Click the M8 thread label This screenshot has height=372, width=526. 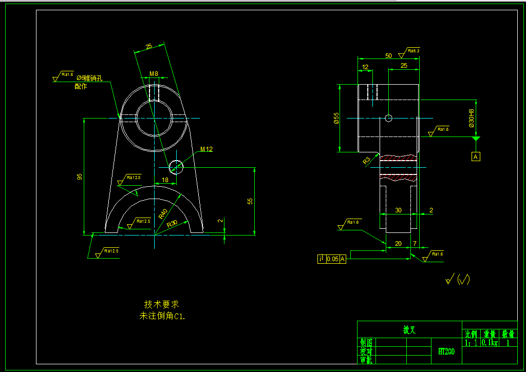[154, 74]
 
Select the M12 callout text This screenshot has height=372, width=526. [206, 149]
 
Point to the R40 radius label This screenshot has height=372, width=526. [163, 213]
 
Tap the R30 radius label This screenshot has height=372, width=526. [172, 223]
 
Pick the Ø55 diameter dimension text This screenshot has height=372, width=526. [336, 119]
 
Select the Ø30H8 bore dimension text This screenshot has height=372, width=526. [471, 119]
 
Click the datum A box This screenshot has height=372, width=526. [476, 156]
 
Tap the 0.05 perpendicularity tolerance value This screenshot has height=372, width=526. [333, 259]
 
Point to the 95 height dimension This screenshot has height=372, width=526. [80, 177]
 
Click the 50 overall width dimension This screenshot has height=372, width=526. [388, 55]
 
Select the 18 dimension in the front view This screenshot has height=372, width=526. [165, 180]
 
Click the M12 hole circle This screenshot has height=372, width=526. [176, 167]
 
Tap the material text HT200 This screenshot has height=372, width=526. [446, 351]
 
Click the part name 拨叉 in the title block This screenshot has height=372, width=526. [409, 330]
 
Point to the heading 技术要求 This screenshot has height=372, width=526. [161, 304]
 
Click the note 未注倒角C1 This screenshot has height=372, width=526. [162, 316]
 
